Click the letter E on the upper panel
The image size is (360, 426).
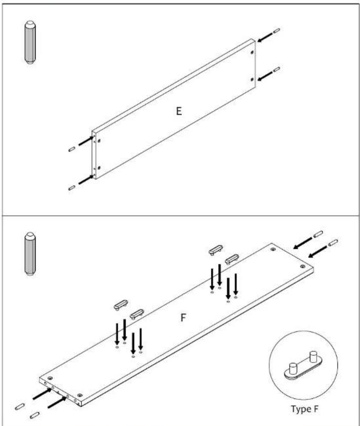pos(179,111)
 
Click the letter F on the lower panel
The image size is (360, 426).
pos(183,317)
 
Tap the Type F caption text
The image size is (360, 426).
pos(304,409)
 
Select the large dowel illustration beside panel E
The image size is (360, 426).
pos(30,42)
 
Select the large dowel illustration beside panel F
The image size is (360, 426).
pos(30,254)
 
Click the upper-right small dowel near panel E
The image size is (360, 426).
pos(277,30)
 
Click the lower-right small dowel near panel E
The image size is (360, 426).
pos(277,69)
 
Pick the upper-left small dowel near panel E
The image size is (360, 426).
pos(72,149)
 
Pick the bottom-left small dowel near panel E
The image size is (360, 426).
pos(72,188)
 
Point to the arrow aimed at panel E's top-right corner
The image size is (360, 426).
pos(265,37)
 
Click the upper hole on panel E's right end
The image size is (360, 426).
pos(253,52)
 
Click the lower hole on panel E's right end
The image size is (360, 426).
pos(253,79)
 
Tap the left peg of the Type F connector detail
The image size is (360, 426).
pos(293,368)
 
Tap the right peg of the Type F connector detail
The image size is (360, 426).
pos(313,356)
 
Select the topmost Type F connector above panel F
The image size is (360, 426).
pos(216,250)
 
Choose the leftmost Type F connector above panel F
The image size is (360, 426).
pos(121,305)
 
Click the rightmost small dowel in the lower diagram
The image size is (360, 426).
pos(333,243)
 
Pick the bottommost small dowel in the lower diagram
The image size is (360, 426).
pos(34,415)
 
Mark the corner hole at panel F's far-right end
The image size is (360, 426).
pos(302,266)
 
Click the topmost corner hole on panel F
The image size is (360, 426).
pos(273,249)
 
